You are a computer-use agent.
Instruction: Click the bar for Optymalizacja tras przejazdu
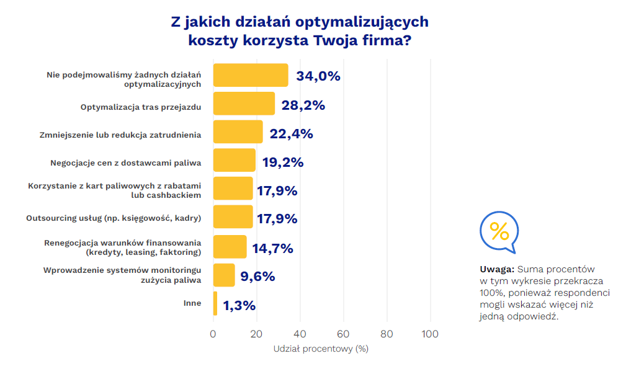coord(244,104)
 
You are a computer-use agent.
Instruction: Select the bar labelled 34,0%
coord(251,75)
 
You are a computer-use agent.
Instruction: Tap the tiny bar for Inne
coord(215,304)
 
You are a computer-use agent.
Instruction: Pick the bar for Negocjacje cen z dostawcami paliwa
coord(235,160)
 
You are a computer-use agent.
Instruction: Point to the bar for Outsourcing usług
coord(233,217)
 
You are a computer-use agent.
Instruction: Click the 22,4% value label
coord(291,134)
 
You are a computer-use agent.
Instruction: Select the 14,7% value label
coord(272,249)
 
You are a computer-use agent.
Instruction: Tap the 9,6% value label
coord(257,277)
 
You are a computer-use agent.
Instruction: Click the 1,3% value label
coord(239,305)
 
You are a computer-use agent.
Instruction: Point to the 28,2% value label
coord(303,105)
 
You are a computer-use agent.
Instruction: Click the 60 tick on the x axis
coord(343,334)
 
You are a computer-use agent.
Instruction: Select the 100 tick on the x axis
coord(429,334)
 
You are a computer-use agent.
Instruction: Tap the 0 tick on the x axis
coord(213,334)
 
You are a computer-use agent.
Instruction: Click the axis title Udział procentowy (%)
coord(321,349)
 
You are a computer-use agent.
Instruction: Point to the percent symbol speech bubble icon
coord(499,232)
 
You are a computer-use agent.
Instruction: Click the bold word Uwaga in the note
coord(496,270)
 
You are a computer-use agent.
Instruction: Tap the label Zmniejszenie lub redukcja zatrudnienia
coord(120,134)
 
